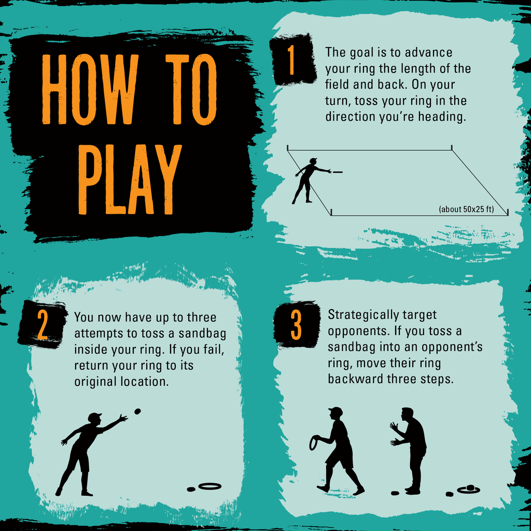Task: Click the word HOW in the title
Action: pyautogui.click(x=90, y=90)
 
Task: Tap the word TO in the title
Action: pyautogui.click(x=191, y=90)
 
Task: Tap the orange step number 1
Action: pyautogui.click(x=291, y=60)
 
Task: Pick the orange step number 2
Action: pyautogui.click(x=43, y=324)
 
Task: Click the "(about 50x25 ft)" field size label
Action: pyautogui.click(x=466, y=209)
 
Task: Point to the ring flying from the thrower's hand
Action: pyautogui.click(x=337, y=172)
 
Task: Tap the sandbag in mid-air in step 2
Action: pyautogui.click(x=137, y=411)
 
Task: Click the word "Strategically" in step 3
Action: pyautogui.click(x=359, y=315)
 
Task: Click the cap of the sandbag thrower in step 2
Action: pyautogui.click(x=95, y=416)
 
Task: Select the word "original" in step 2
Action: pyautogui.click(x=96, y=382)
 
